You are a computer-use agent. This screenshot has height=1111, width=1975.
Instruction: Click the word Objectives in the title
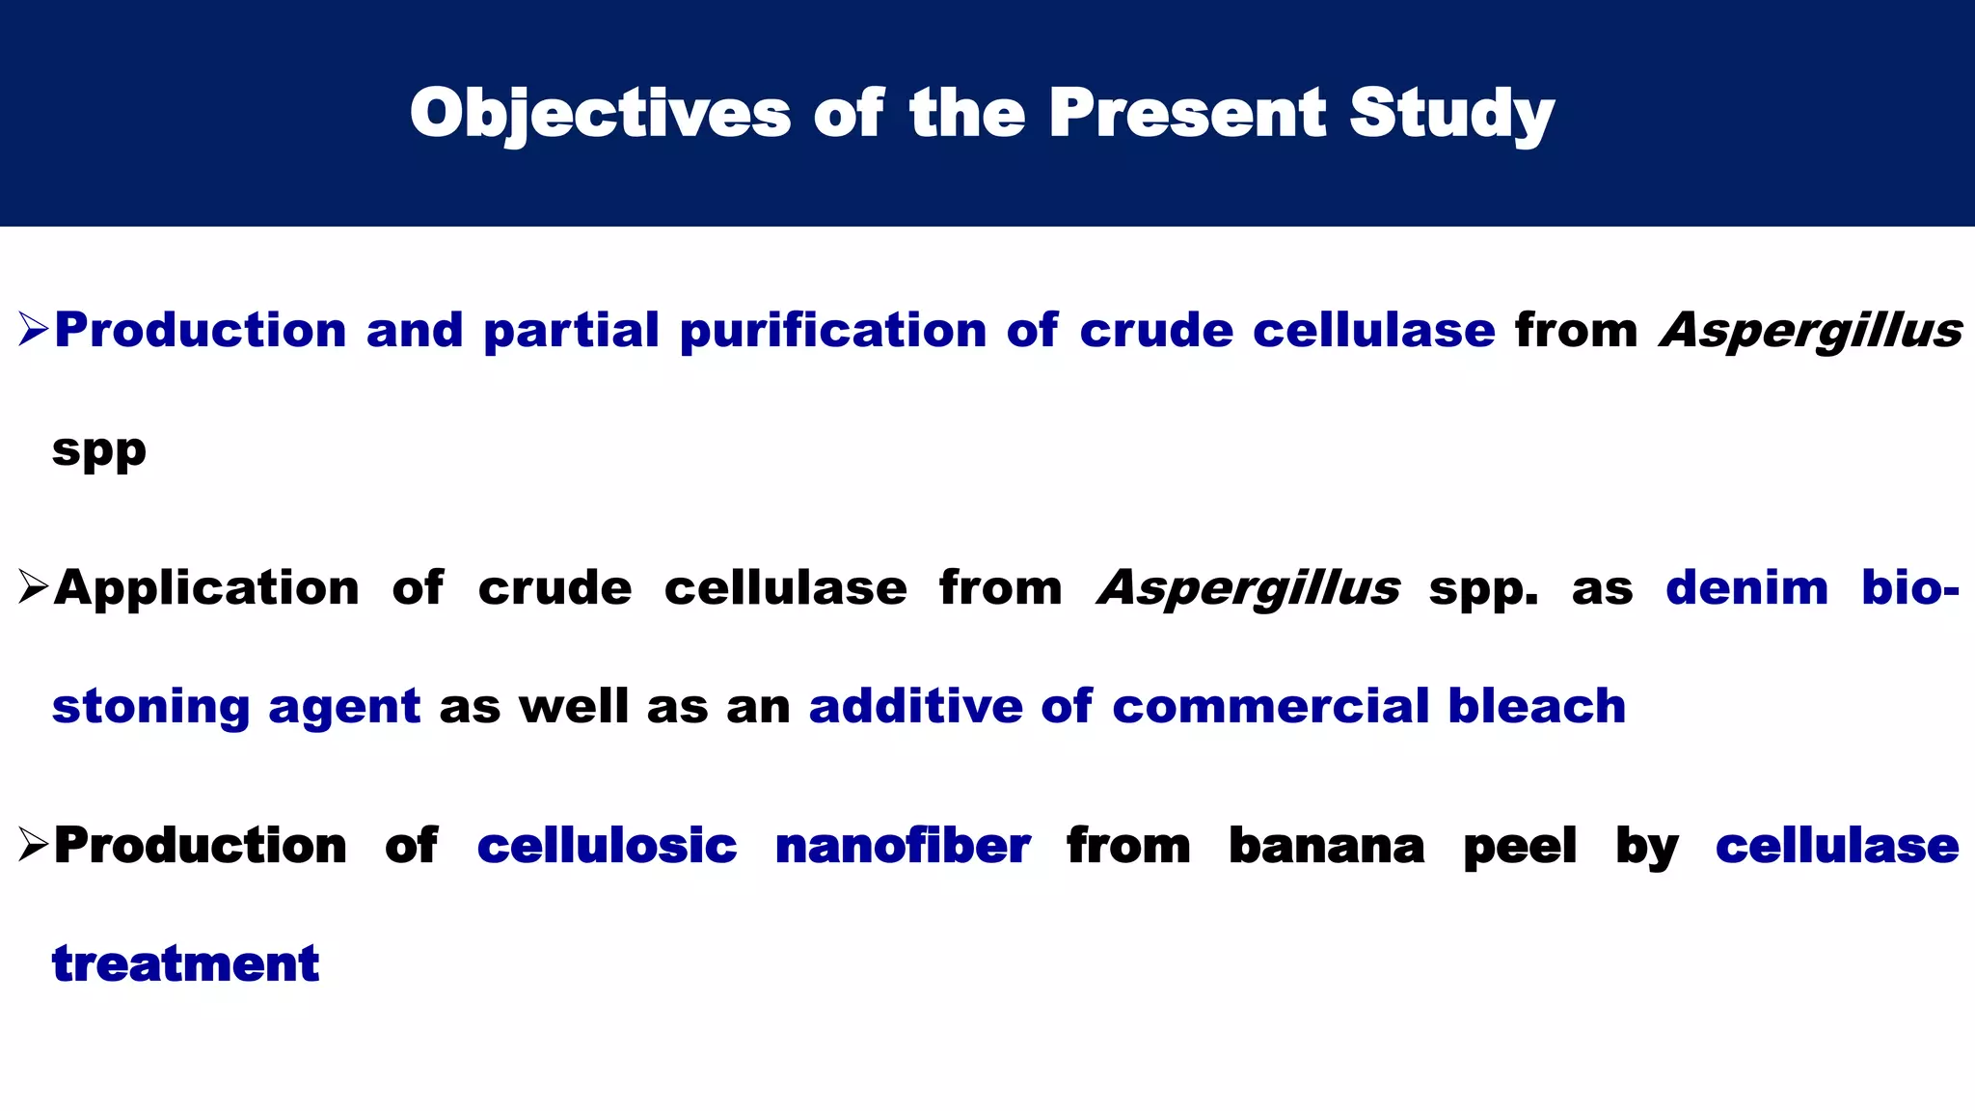pyautogui.click(x=600, y=114)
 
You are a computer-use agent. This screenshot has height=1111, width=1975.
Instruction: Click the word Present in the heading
pyautogui.click(x=1188, y=114)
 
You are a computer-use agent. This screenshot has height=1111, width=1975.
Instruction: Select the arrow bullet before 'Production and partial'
pyautogui.click(x=34, y=331)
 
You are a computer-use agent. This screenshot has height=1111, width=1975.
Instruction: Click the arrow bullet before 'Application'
pyautogui.click(x=34, y=587)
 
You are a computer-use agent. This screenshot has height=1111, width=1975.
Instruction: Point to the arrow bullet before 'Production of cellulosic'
pyautogui.click(x=34, y=845)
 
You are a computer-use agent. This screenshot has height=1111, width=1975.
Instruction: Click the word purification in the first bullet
pyautogui.click(x=832, y=331)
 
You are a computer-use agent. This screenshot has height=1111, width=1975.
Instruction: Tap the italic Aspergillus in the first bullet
pyautogui.click(x=1811, y=331)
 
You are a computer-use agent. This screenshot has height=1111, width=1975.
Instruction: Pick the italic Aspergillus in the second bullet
pyautogui.click(x=1249, y=587)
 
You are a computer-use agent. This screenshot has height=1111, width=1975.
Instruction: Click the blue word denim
pyautogui.click(x=1746, y=587)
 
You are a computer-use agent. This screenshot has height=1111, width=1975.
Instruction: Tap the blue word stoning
pyautogui.click(x=150, y=707)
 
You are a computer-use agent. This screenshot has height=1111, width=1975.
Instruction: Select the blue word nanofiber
pyautogui.click(x=903, y=846)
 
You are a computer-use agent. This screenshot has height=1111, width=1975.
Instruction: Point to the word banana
pyautogui.click(x=1326, y=846)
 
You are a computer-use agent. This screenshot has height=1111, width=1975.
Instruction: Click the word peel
pyautogui.click(x=1520, y=846)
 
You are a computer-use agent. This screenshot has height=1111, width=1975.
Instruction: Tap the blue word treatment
pyautogui.click(x=185, y=963)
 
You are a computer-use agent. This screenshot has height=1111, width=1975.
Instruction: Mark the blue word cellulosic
pyautogui.click(x=607, y=846)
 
